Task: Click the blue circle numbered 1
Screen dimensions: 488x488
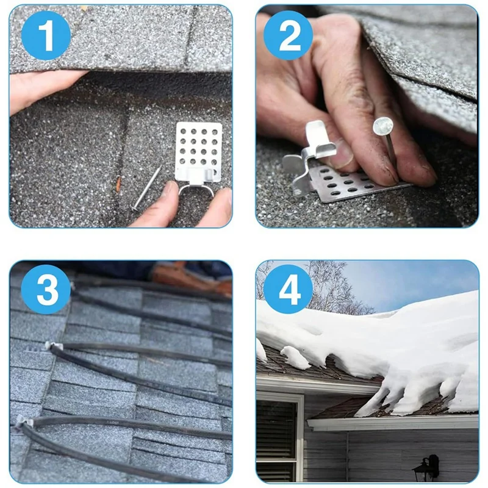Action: tap(46, 35)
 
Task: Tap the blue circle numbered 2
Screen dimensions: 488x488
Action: tap(288, 35)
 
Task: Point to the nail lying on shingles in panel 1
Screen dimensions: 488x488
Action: tap(146, 188)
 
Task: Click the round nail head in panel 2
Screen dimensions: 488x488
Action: tap(383, 126)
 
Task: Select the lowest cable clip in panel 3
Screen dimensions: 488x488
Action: tap(25, 422)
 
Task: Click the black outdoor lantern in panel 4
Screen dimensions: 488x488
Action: tap(427, 467)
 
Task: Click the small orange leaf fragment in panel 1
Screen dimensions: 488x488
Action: tap(118, 184)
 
